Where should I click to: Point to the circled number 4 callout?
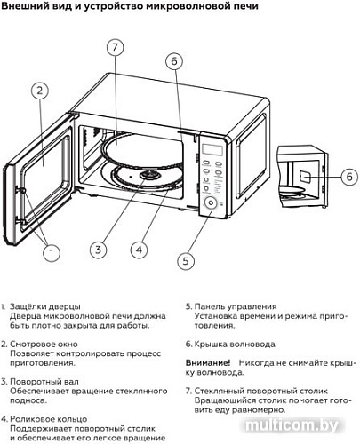tap(138, 250)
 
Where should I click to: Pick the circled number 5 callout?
tap(184, 260)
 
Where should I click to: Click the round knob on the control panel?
tap(209, 203)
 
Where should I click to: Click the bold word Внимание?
tap(208, 363)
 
